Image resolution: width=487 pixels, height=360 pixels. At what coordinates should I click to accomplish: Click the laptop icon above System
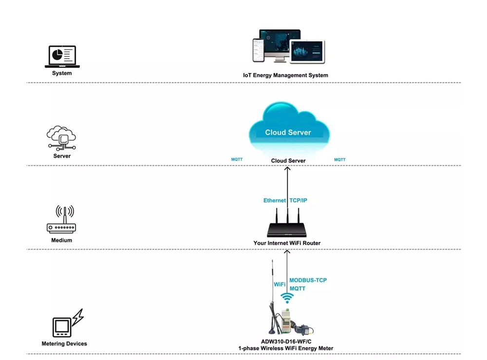coord(62,57)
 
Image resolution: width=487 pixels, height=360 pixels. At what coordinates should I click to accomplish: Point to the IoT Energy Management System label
coord(285,76)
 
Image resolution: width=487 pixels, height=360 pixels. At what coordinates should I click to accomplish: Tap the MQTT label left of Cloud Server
coord(237,159)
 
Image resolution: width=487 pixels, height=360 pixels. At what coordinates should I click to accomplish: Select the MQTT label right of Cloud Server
coord(339,160)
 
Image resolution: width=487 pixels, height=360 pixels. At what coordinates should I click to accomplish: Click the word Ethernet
coord(275,201)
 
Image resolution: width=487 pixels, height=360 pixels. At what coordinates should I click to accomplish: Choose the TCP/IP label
coord(298,201)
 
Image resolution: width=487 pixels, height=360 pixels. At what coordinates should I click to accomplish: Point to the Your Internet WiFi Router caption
coord(287,243)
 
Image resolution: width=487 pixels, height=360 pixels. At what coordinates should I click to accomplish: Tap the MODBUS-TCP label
coord(308,281)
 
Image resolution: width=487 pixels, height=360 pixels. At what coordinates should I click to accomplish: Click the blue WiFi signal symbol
coord(287,298)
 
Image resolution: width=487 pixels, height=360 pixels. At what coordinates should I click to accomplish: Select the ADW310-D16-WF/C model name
coord(286,341)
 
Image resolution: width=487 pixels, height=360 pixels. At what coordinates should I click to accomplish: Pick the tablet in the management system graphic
coord(307,52)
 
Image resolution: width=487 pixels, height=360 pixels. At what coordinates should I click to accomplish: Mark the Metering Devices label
coord(64,344)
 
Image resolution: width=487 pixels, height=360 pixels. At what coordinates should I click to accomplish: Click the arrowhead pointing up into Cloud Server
coord(287,169)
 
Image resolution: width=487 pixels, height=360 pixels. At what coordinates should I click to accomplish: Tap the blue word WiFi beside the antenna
coord(280,284)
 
